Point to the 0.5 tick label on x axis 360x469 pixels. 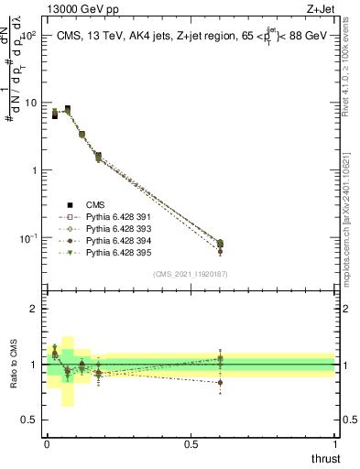coord(191,443)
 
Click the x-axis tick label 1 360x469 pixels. coord(335,443)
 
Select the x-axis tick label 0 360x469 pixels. coord(47,443)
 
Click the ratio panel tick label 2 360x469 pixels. coord(37,309)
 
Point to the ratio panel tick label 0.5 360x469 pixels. coord(32,420)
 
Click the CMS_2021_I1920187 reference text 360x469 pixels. coord(190,273)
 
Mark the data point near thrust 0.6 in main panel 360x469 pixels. coord(220,244)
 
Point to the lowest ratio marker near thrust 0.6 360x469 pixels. coord(220,383)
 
